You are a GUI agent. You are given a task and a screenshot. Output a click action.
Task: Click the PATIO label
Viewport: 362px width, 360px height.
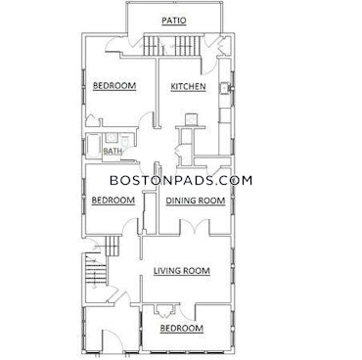coord(174,20)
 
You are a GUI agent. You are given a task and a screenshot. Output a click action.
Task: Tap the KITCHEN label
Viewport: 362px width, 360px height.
coord(188,87)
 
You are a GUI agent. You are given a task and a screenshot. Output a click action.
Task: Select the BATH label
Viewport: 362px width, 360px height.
coord(113,151)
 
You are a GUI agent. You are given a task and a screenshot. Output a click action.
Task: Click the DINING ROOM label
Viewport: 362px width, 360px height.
coord(195,201)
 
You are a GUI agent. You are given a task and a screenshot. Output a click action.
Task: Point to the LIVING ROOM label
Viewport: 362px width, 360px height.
coord(183,271)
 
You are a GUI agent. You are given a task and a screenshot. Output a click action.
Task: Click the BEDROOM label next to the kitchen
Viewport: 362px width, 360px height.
coord(113,87)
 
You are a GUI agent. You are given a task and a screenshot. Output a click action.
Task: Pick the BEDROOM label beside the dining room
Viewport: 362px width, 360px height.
coord(113,201)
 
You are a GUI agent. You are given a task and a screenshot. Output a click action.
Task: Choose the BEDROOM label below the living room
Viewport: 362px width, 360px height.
coord(182,329)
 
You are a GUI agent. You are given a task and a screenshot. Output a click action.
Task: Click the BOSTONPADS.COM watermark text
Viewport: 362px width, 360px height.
coord(180,180)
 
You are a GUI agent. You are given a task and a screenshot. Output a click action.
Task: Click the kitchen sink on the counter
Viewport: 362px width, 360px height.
coord(225,89)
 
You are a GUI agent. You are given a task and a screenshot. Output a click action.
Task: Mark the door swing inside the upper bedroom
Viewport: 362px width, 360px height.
coord(145,116)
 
